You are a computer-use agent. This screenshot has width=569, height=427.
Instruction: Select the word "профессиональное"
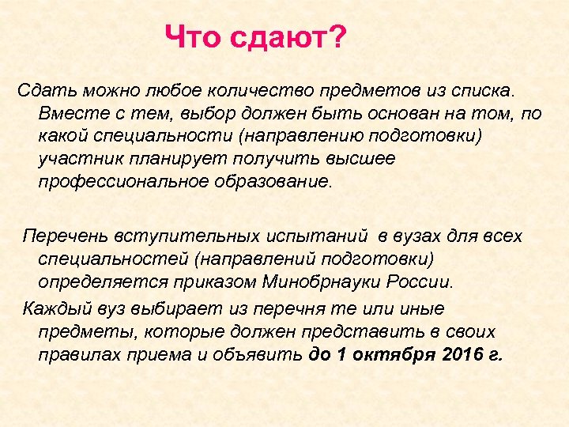122,181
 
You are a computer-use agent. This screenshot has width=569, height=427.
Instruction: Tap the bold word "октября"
390,353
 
